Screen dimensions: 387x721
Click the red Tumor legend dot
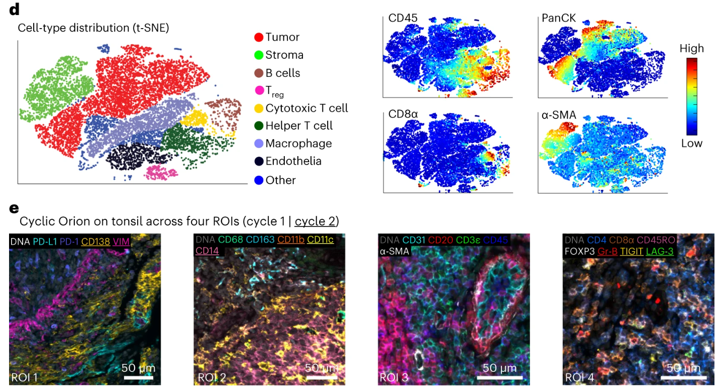coord(259,37)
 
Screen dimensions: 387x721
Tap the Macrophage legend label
coord(298,144)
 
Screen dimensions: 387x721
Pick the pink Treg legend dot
coord(259,90)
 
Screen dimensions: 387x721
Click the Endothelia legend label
coord(293,161)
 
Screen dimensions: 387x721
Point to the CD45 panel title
coord(402,19)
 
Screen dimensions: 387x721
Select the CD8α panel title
coord(403,115)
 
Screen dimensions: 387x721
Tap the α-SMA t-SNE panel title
coord(559,116)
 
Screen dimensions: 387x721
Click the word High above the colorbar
coord(691,49)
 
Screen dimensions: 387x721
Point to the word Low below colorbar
coord(691,143)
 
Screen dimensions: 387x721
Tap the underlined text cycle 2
coord(316,221)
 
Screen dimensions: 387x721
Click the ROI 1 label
coord(25,376)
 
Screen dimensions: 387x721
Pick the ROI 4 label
coord(579,376)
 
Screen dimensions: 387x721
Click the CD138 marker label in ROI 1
coord(95,241)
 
